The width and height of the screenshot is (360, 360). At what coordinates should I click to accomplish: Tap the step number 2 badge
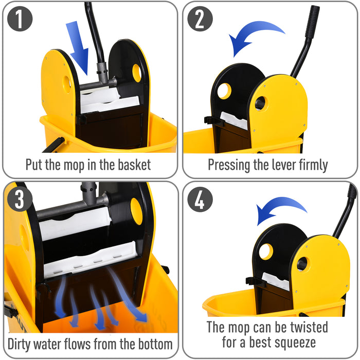[200, 19]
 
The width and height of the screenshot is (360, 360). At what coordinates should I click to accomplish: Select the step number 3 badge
[20, 200]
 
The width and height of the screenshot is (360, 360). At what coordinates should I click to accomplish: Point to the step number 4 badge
[200, 200]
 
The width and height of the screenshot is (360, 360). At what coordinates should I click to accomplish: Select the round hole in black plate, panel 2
[224, 91]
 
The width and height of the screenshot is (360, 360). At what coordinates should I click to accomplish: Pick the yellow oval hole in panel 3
[136, 211]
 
